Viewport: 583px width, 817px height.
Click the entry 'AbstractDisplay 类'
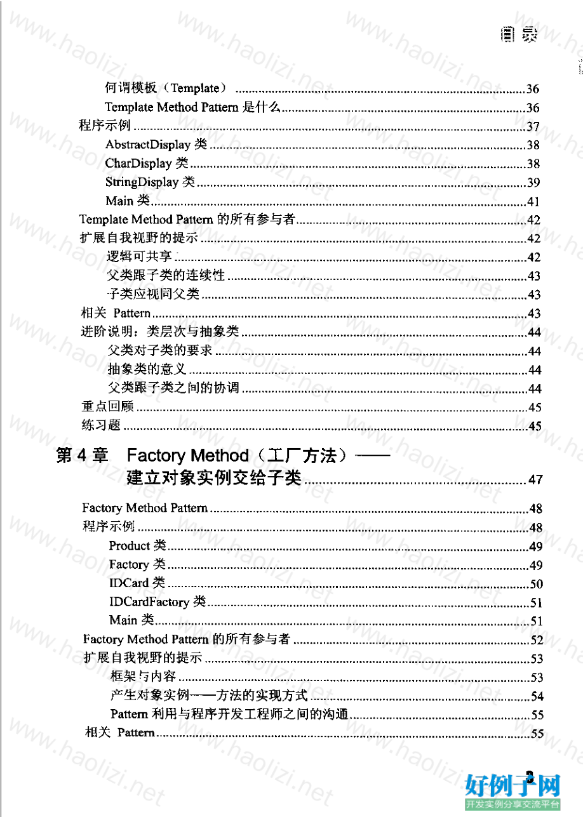tap(156, 145)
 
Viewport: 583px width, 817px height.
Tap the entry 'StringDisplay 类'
tap(150, 183)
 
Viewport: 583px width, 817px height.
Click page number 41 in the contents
tap(533, 203)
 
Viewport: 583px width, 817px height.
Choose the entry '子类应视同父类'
tap(154, 295)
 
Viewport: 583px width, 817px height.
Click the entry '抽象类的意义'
tap(147, 369)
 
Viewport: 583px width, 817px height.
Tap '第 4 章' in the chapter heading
tap(82, 456)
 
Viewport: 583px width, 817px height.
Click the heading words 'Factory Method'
tap(188, 456)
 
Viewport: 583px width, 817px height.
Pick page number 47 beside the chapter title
tap(535, 480)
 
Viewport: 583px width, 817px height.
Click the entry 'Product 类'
tap(137, 545)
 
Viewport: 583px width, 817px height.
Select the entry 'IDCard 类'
tap(137, 583)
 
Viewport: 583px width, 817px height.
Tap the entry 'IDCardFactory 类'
tap(157, 602)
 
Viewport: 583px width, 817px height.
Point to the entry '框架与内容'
tap(143, 677)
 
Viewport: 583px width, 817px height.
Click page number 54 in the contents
tap(537, 696)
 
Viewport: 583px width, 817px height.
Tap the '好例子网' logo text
tap(513, 786)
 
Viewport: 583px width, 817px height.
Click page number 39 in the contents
tap(533, 183)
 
